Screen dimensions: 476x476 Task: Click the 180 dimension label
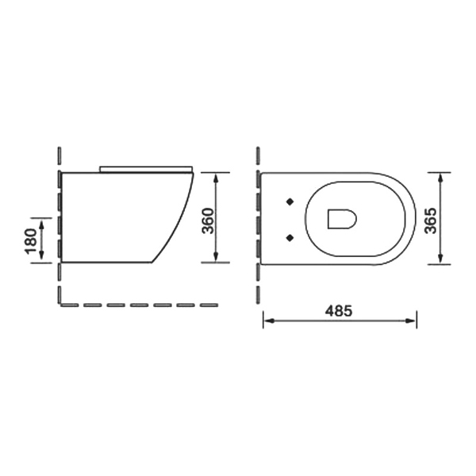[x=31, y=241]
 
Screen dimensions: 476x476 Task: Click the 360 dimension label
[x=208, y=221]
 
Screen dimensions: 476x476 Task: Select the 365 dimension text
[x=430, y=221]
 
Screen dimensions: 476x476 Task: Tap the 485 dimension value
[x=339, y=310]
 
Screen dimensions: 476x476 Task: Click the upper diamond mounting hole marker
[x=290, y=202]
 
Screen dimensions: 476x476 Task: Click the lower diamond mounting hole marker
[x=290, y=238]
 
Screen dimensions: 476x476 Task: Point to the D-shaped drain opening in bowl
[x=342, y=219]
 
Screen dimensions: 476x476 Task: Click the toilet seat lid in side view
[x=146, y=169]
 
